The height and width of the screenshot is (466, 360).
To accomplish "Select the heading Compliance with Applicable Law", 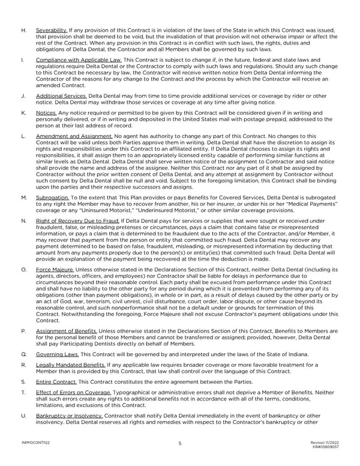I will pyautogui.click(x=79, y=60).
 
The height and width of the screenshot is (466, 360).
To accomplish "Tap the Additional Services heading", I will pyautogui.click(x=61, y=96).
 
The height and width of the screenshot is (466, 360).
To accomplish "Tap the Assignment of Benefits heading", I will pyautogui.click(x=69, y=331).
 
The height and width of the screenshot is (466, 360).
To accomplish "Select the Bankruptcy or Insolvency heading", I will pyautogui.click(x=69, y=416).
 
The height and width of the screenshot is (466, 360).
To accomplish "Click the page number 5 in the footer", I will pyautogui.click(x=179, y=444).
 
